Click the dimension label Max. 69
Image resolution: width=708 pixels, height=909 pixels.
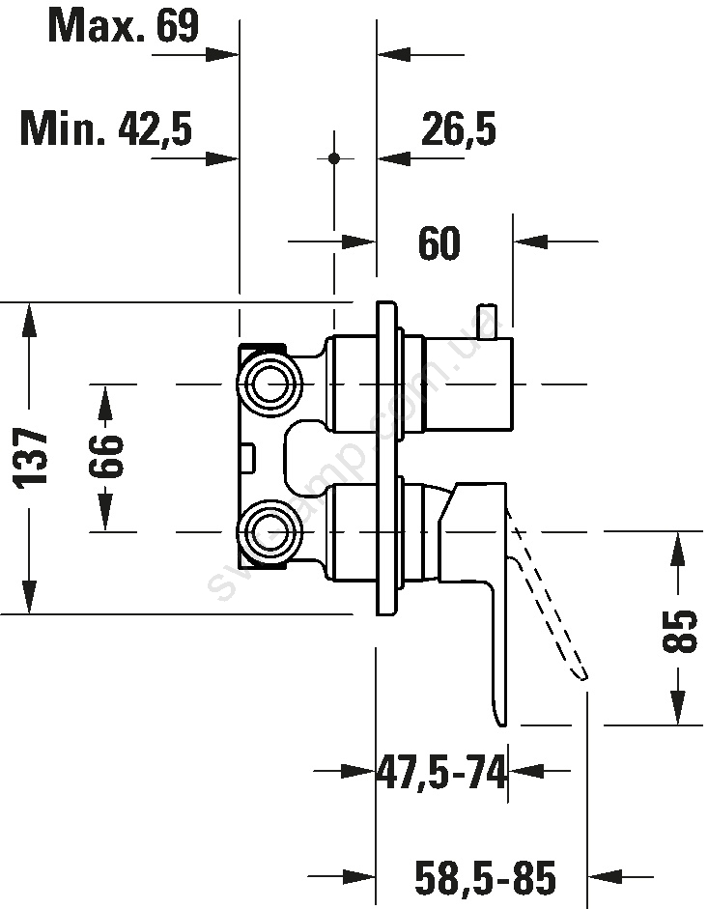point(123,25)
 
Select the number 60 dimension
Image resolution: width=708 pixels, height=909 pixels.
point(439,243)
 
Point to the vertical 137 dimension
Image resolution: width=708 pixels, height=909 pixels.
point(33,458)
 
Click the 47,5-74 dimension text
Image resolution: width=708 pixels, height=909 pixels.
point(441,773)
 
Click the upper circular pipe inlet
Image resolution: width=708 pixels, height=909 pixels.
point(269,384)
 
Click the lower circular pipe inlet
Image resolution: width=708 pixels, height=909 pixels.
point(269,531)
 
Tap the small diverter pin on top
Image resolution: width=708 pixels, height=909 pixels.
point(487,320)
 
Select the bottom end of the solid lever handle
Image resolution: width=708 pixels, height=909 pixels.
point(498,720)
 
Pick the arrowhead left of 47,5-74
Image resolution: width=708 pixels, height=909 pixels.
point(360,771)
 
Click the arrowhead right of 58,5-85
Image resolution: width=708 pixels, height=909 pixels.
point(603,876)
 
